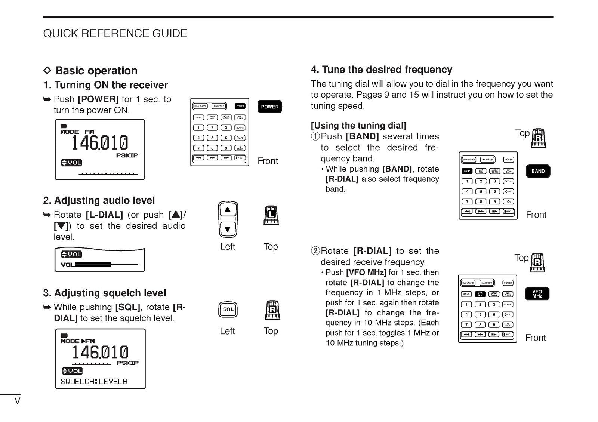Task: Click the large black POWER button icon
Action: coord(269,107)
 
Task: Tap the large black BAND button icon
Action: coord(538,171)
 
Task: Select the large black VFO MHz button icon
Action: coord(537,294)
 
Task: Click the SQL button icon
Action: coord(228,309)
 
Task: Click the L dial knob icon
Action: coord(271,215)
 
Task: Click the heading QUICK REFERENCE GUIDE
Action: coord(115,33)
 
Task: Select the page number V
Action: coord(17,401)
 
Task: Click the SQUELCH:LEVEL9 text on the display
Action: coord(94,382)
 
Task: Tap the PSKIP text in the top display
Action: coord(127,155)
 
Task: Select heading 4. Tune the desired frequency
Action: coord(381,70)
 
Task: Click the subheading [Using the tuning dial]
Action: coord(358,126)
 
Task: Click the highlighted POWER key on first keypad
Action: coord(240,106)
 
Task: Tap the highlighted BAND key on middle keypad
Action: coord(467,171)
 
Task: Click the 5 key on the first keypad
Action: coord(212,138)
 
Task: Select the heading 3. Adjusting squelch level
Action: coord(104,293)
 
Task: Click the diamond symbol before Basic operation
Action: coord(47,70)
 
